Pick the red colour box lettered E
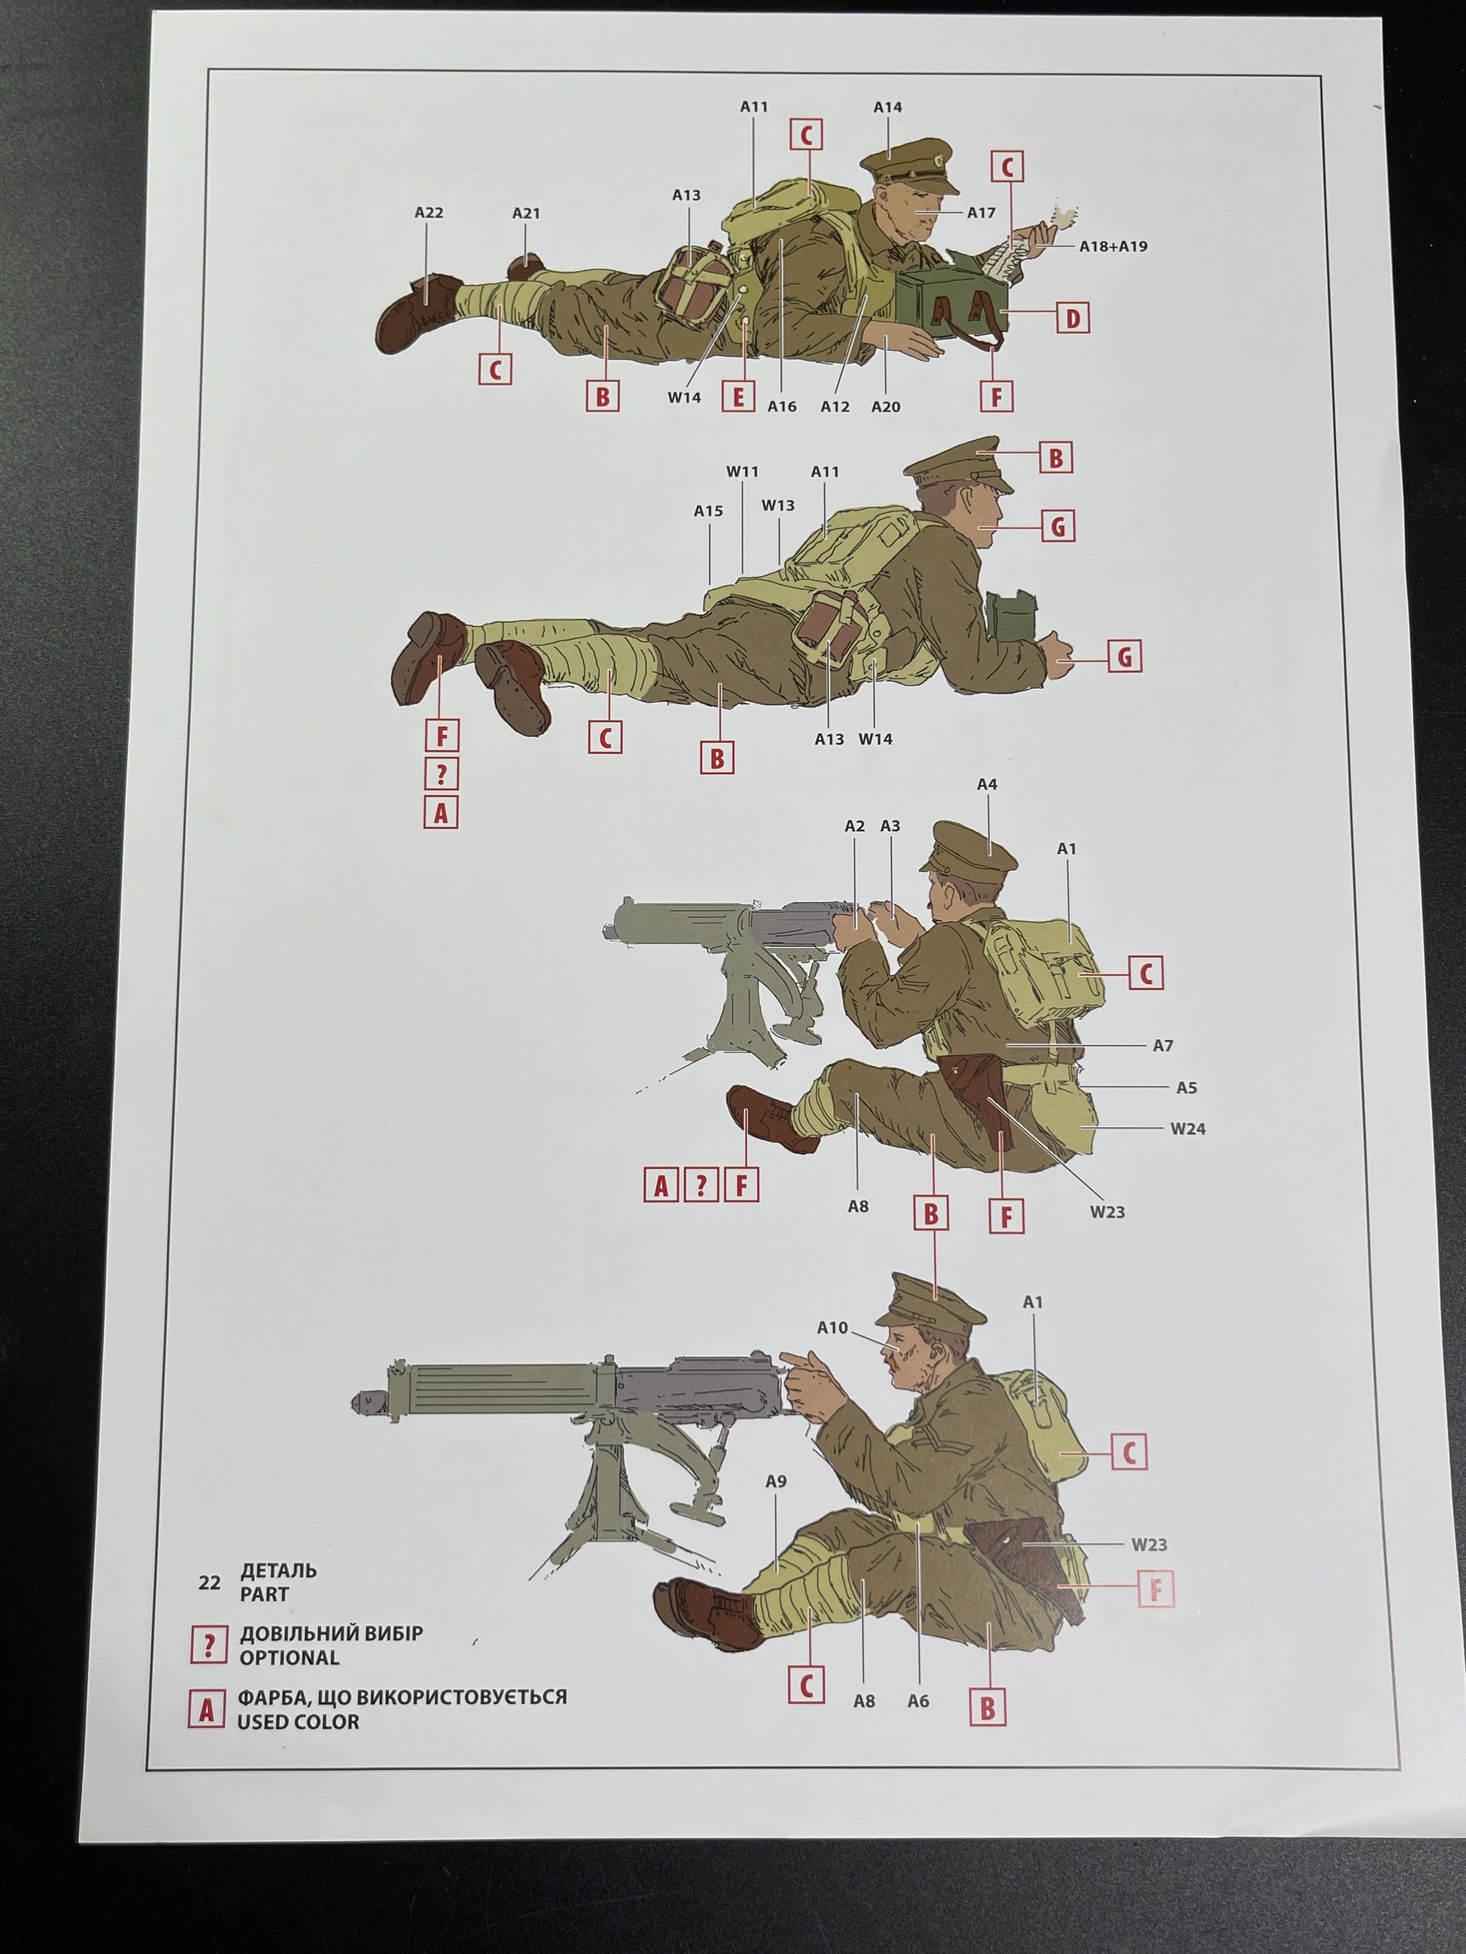pyautogui.click(x=738, y=396)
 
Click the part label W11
pyautogui.click(x=742, y=472)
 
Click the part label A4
pyautogui.click(x=987, y=785)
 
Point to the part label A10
pyautogui.click(x=831, y=1328)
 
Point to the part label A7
pyautogui.click(x=1163, y=1046)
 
